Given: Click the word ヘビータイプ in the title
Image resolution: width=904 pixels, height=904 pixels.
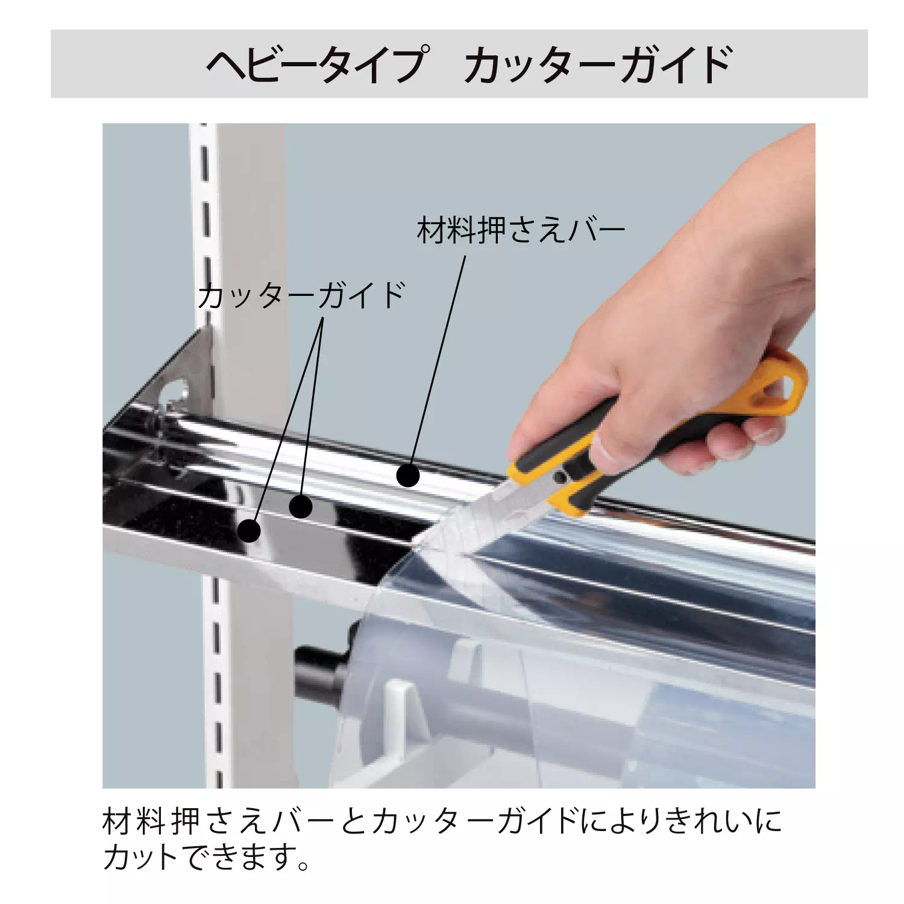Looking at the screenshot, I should pyautogui.click(x=316, y=64).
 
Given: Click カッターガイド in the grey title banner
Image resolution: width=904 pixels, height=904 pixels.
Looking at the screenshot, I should pyautogui.click(x=598, y=64).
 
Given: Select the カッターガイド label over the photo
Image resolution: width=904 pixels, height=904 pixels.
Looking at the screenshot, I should pyautogui.click(x=301, y=295).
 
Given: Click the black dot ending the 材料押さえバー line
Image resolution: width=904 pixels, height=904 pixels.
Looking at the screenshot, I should pyautogui.click(x=408, y=476).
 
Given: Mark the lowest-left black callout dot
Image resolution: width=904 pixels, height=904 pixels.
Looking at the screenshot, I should pyautogui.click(x=249, y=531).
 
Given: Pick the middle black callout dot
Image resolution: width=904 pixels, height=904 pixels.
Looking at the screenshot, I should pyautogui.click(x=301, y=507).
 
